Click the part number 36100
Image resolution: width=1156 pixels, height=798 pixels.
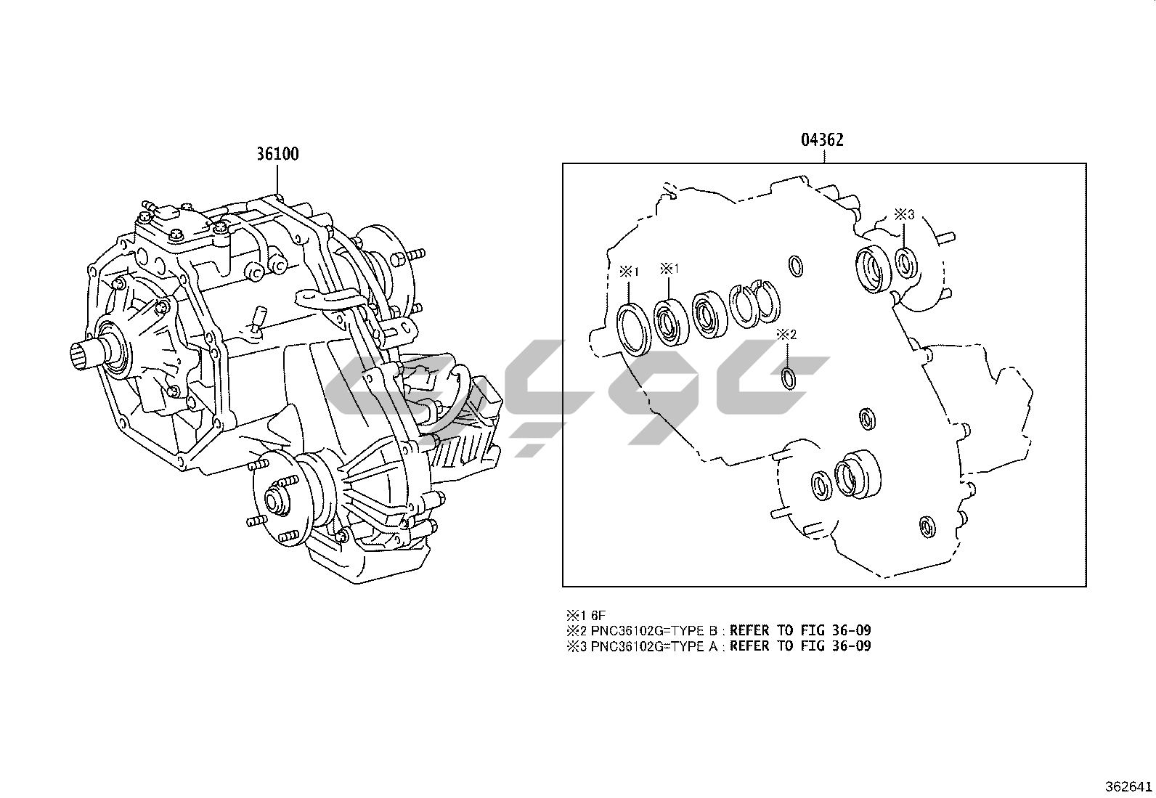277,154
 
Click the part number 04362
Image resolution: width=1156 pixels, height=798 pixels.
822,140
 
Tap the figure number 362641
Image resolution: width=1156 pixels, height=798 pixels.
1128,786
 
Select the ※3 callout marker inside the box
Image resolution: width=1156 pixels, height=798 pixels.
904,214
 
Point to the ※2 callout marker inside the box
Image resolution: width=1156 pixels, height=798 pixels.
786,335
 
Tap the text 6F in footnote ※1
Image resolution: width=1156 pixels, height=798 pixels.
598,615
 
